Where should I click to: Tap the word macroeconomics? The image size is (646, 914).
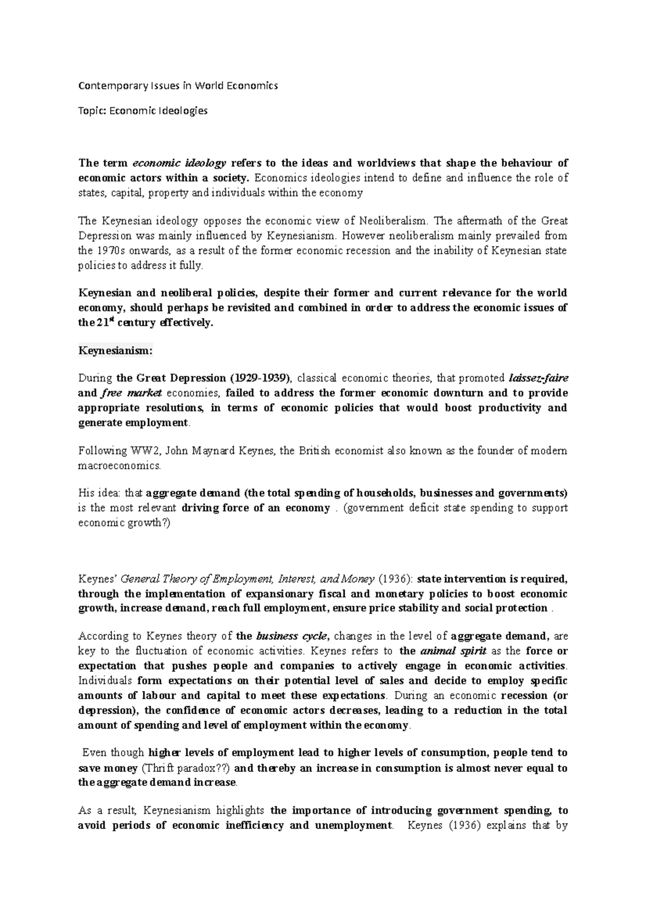120,466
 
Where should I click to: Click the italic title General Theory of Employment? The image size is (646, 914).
197,579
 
